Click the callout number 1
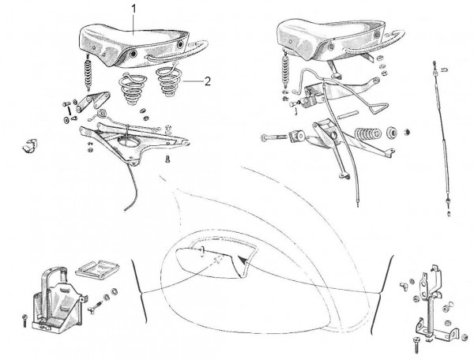click(x=134, y=9)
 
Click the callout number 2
click(x=207, y=81)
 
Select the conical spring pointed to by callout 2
click(x=167, y=80)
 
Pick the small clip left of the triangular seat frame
click(x=29, y=145)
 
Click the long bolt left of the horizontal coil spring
click(x=273, y=137)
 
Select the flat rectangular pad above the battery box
click(x=97, y=268)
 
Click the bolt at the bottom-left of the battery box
click(x=24, y=321)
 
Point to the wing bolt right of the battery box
click(x=95, y=307)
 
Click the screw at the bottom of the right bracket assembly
click(x=416, y=343)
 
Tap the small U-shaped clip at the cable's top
click(x=444, y=69)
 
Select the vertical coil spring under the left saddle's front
click(x=88, y=73)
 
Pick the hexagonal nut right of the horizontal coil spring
click(x=407, y=132)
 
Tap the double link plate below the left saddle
click(x=92, y=101)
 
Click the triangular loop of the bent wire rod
click(x=378, y=107)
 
